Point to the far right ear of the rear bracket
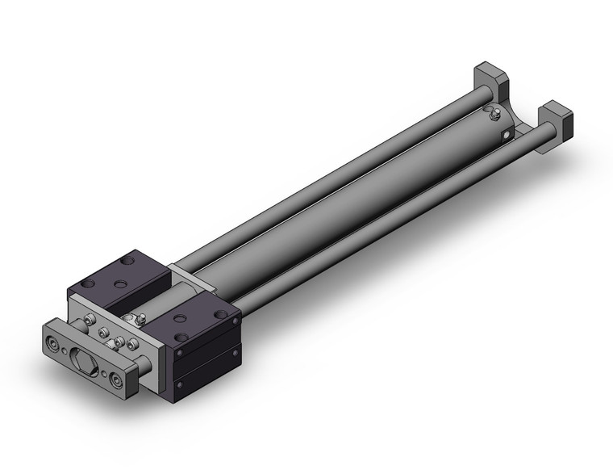click(556, 115)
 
